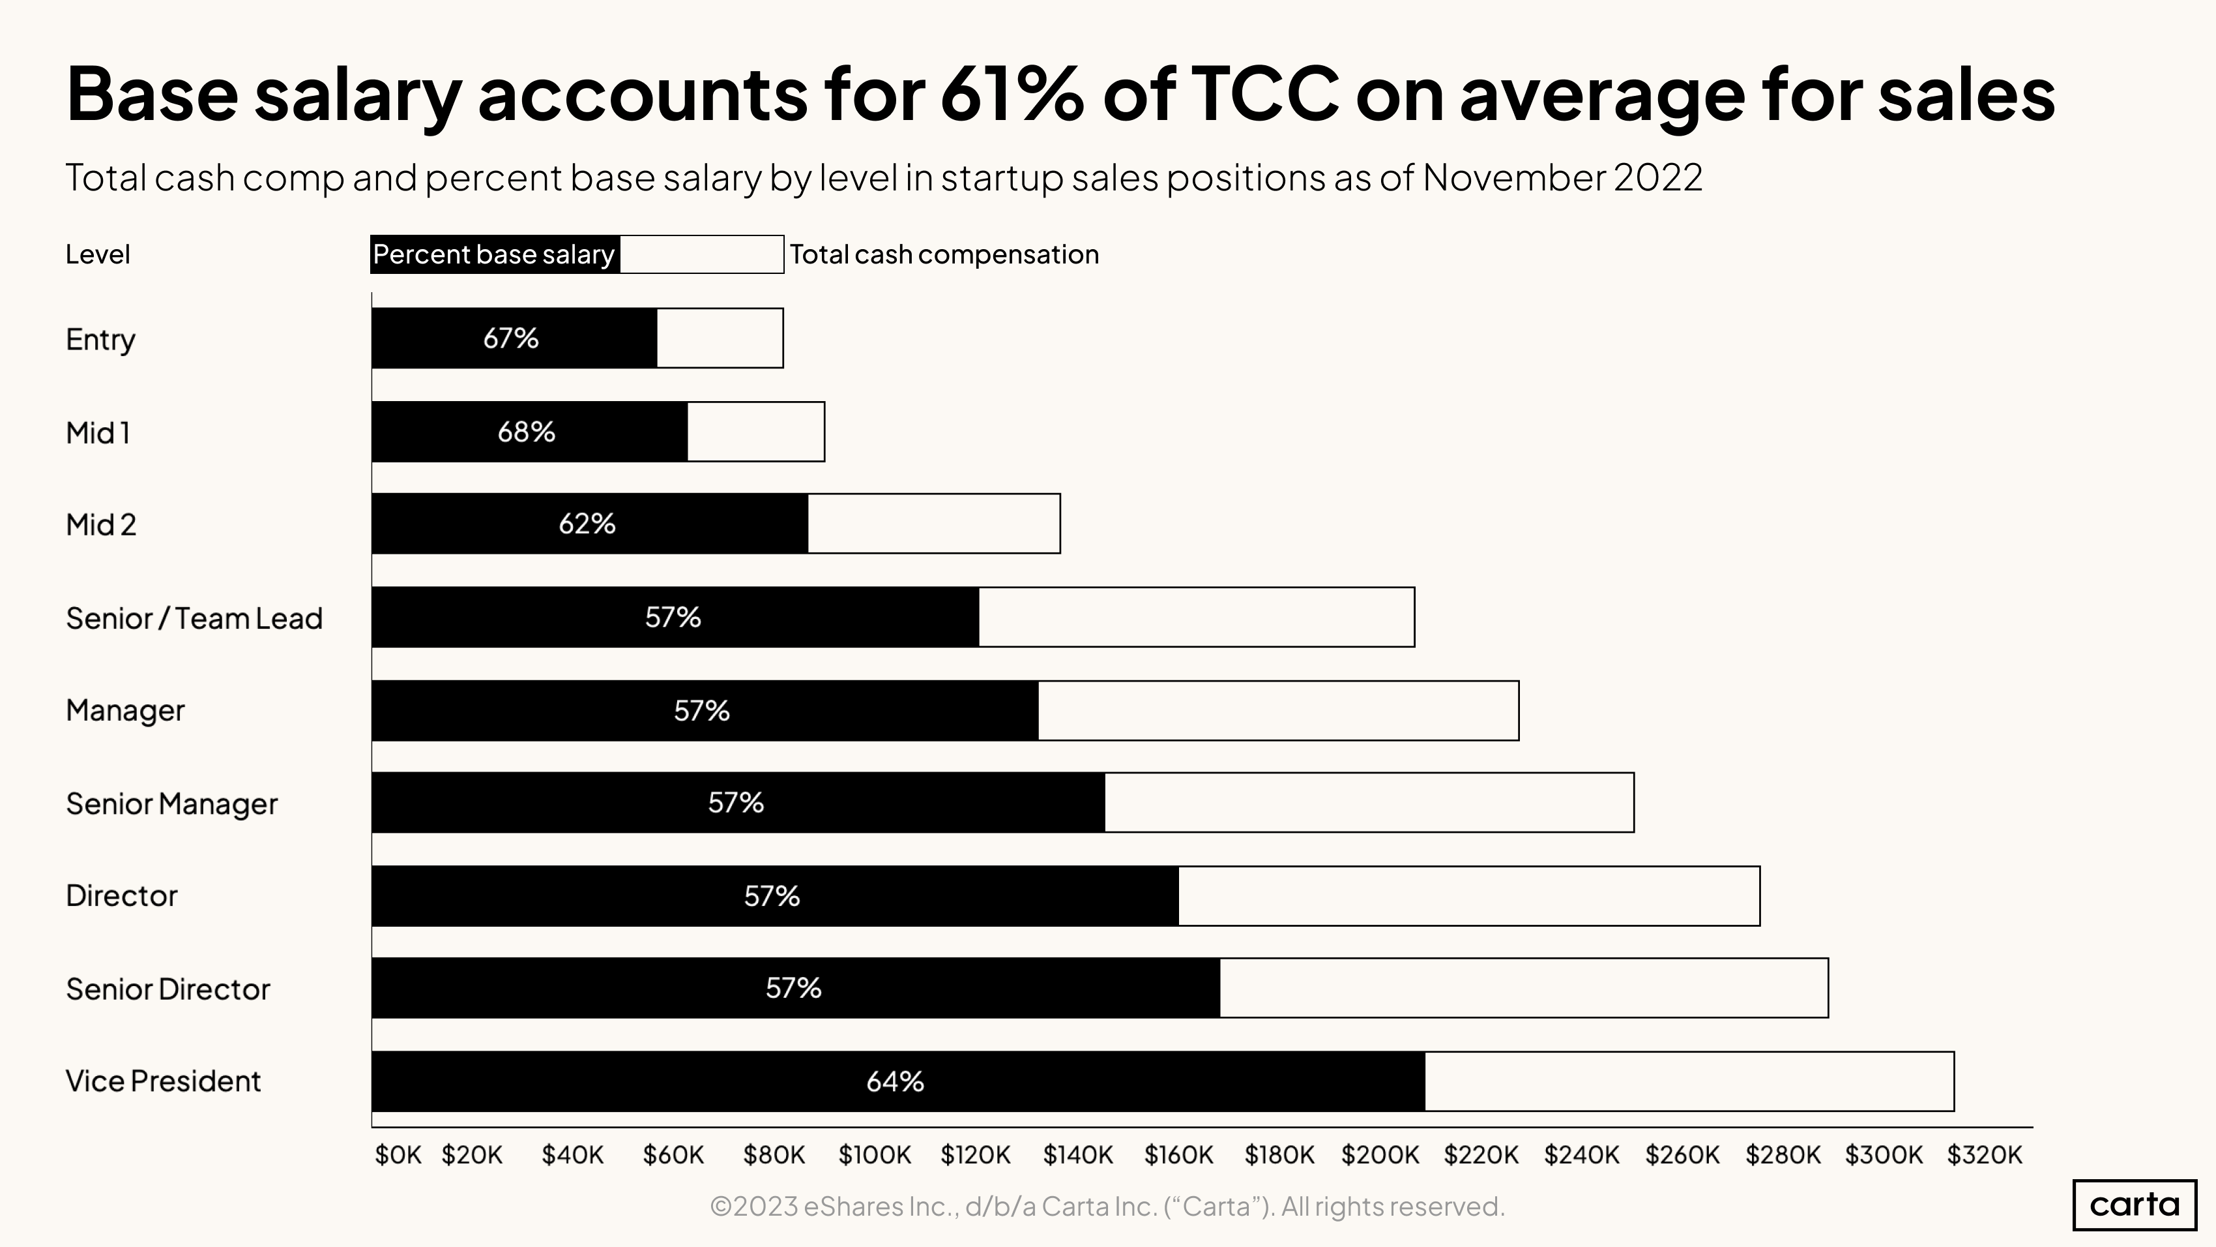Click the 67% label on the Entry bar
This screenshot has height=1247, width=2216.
511,338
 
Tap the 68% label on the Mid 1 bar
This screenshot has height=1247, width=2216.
527,431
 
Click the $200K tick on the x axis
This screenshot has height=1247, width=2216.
1380,1155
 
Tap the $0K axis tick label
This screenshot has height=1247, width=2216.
398,1155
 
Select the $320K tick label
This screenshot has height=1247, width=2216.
1985,1155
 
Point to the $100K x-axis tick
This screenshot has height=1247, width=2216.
875,1155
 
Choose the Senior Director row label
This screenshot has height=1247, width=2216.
168,989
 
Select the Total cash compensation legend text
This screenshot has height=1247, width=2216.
944,255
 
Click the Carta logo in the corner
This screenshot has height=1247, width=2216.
2135,1204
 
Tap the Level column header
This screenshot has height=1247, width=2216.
98,255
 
